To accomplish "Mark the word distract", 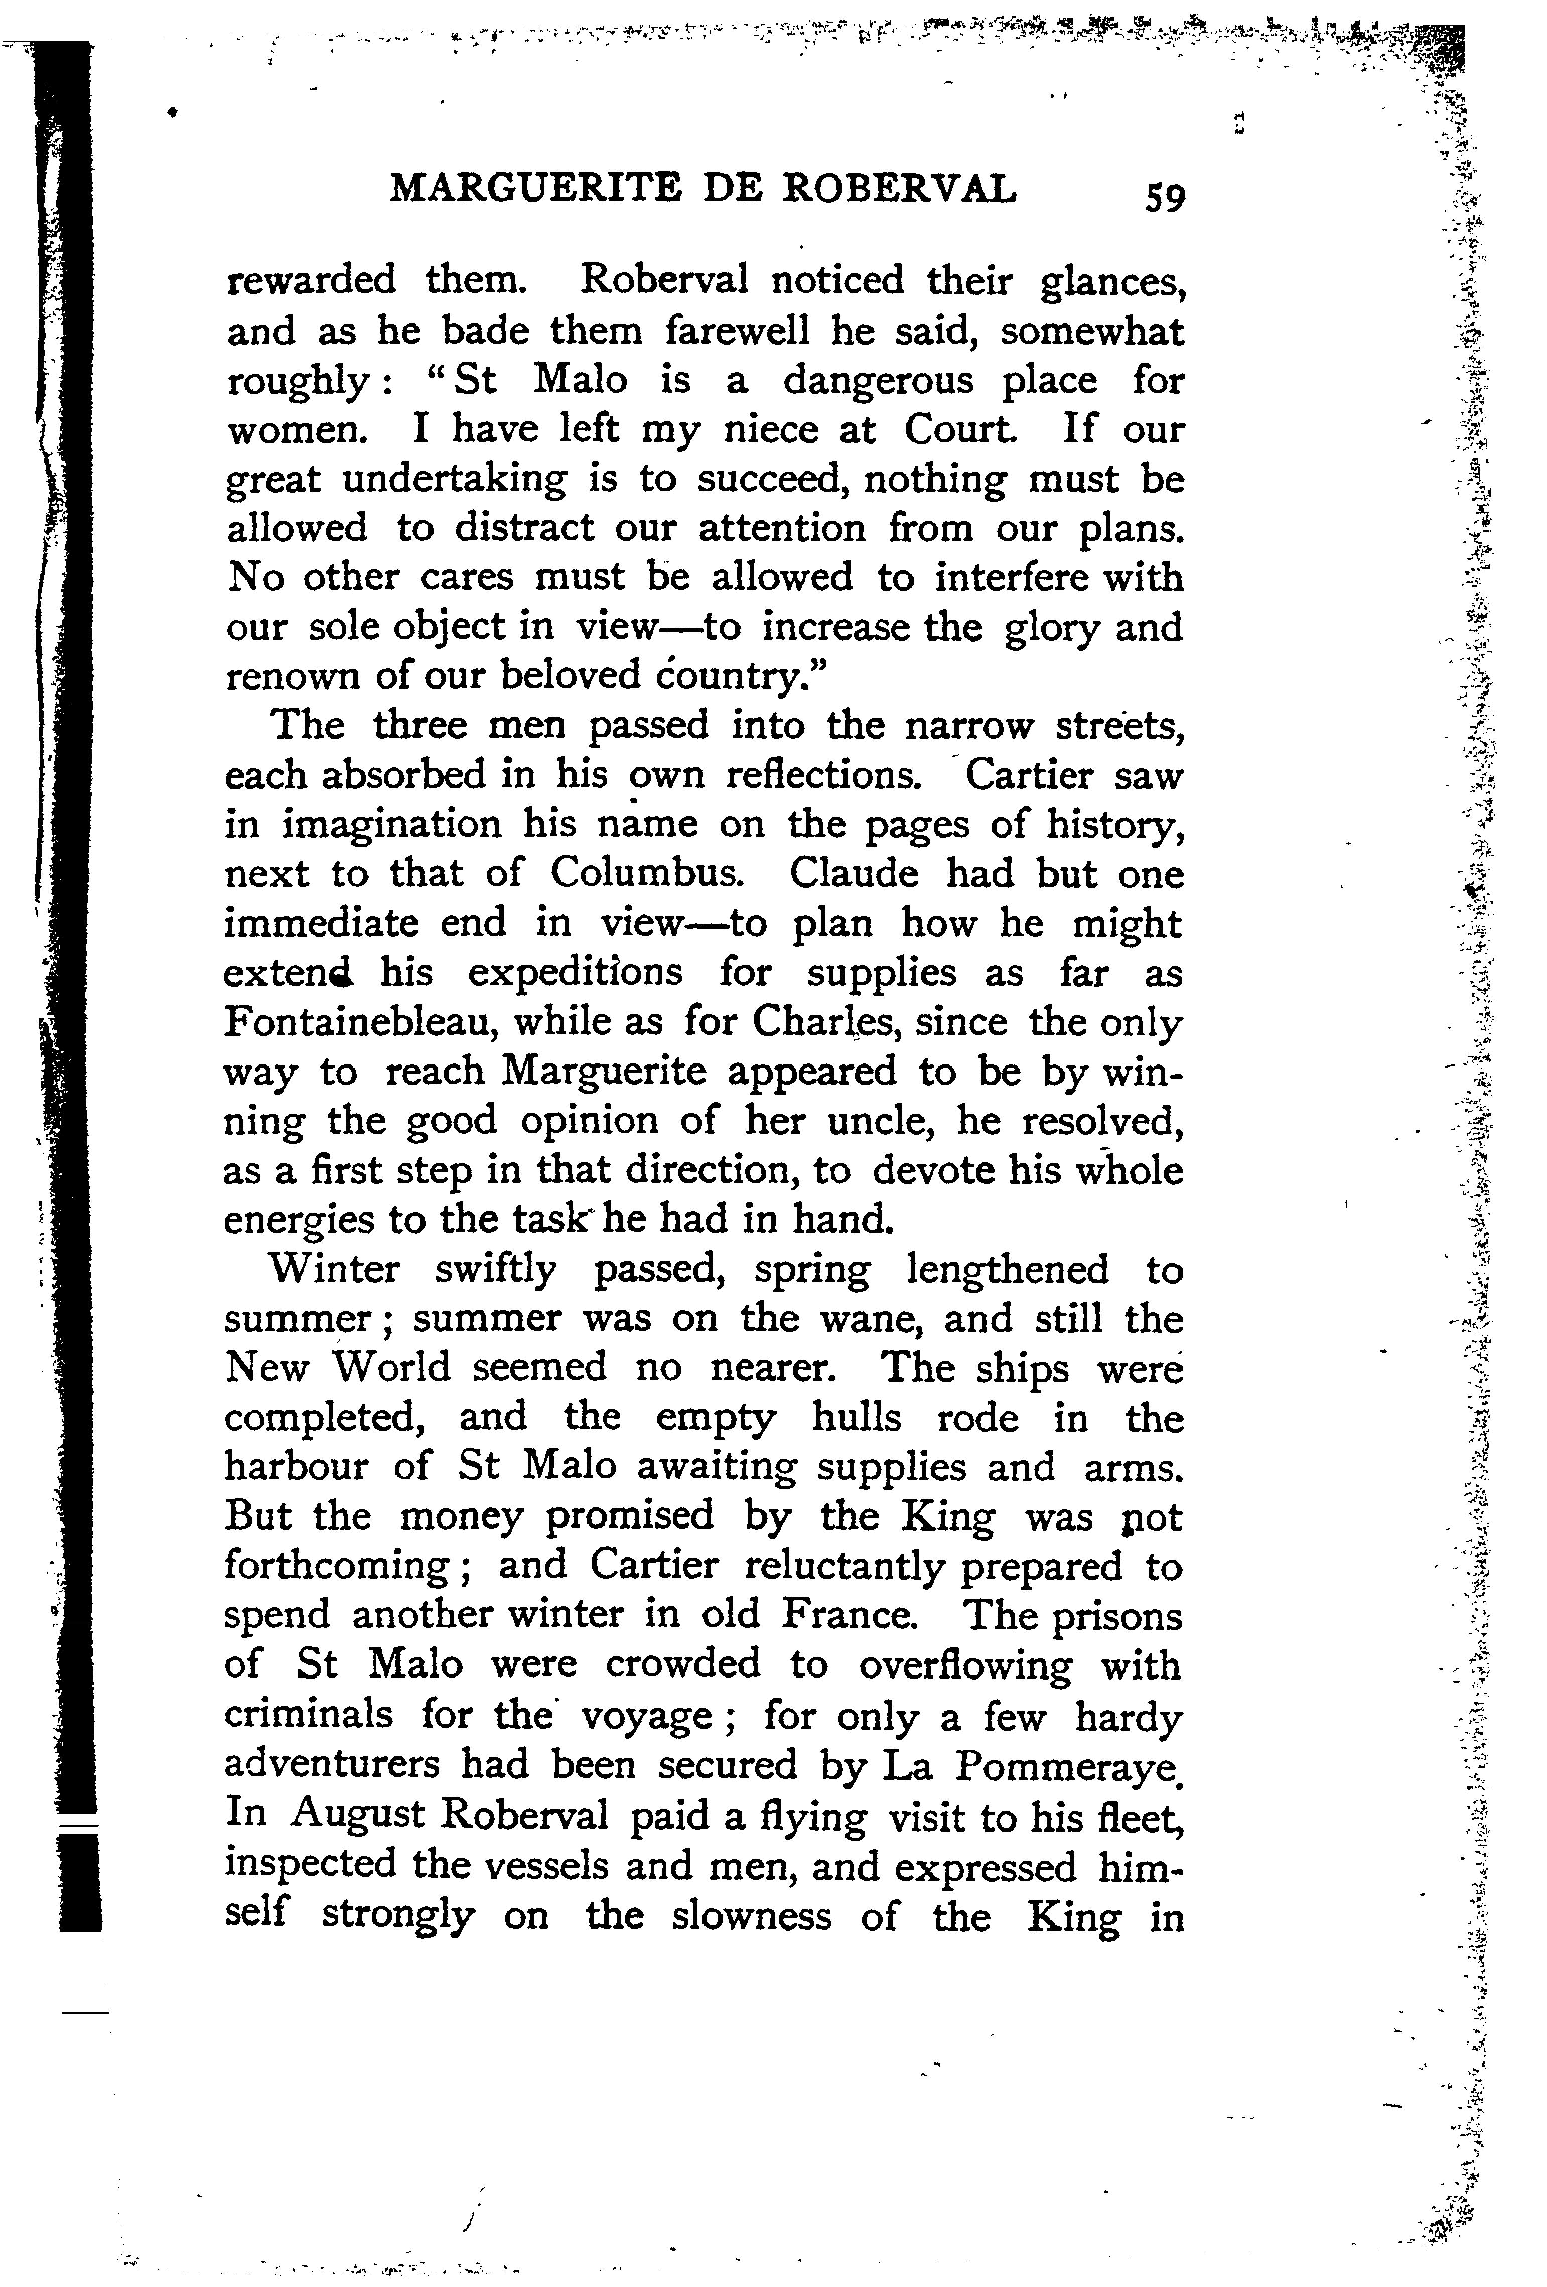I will point(523,528).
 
